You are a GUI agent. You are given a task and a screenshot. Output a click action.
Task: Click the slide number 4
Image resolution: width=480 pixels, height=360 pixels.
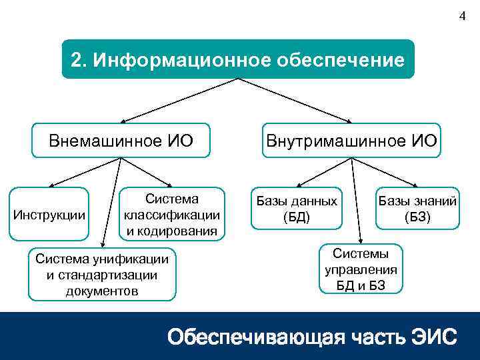(x=463, y=17)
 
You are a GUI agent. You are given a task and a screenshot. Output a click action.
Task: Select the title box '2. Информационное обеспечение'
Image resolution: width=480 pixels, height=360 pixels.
(x=238, y=60)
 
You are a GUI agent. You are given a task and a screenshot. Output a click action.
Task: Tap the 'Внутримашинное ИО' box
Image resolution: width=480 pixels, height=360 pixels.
(x=351, y=140)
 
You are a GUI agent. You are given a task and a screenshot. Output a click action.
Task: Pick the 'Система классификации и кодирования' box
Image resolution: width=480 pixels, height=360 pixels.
(x=172, y=215)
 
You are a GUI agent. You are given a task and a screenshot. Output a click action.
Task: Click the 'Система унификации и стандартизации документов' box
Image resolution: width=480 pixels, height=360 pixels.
(x=102, y=275)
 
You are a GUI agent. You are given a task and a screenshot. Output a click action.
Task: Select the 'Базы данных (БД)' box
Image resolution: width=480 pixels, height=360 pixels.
(x=296, y=209)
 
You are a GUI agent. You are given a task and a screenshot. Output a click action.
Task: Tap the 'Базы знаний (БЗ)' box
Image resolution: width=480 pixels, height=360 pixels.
(x=418, y=209)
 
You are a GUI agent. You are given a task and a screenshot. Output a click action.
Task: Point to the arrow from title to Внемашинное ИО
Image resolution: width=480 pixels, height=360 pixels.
(x=180, y=101)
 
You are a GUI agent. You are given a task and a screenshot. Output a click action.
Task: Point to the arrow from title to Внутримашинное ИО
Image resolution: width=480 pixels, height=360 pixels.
(x=297, y=101)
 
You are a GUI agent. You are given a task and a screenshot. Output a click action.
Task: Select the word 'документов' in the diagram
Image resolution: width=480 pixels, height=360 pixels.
(x=102, y=291)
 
